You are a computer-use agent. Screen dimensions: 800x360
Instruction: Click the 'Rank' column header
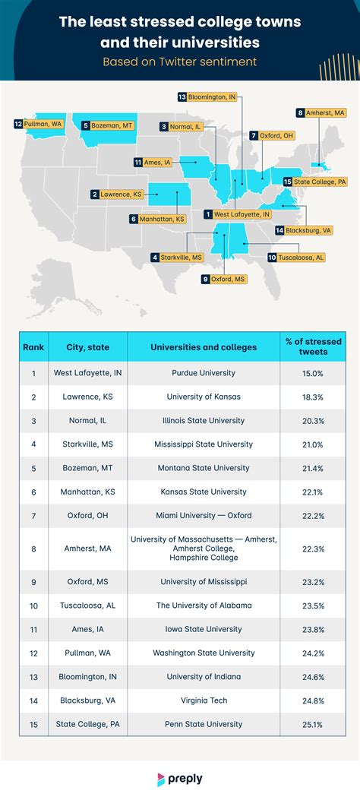33,347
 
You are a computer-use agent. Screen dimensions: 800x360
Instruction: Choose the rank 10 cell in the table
33,606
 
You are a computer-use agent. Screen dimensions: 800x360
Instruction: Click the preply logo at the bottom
180,778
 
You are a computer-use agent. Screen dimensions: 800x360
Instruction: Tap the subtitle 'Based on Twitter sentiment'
180,61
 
